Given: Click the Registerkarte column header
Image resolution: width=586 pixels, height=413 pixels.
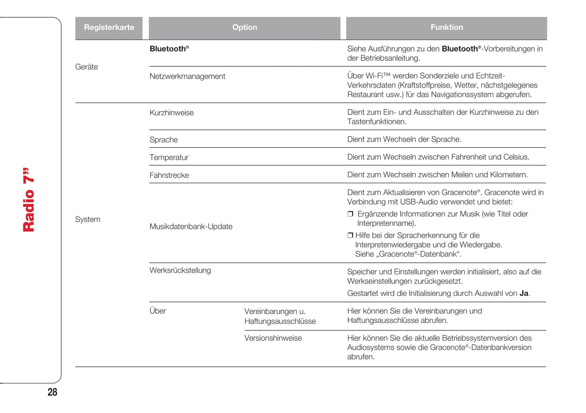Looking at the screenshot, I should tap(109, 28).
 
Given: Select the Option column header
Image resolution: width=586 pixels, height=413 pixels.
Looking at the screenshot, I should tap(245, 28).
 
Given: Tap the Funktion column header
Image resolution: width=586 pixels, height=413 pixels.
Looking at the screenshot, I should tap(446, 28).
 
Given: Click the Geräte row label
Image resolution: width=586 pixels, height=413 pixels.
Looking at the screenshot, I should tap(86, 67).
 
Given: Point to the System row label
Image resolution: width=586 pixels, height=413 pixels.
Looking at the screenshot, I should tap(88, 219).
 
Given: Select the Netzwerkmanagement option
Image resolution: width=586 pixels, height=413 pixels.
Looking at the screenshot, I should tap(187, 77).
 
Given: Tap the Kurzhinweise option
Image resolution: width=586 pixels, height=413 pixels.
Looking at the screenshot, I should tap(172, 113).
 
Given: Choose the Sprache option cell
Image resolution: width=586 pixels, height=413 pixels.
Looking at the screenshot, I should tap(163, 140).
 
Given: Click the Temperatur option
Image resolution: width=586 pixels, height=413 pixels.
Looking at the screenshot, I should tap(169, 158).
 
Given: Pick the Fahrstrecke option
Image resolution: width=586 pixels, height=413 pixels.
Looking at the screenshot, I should tap(169, 175).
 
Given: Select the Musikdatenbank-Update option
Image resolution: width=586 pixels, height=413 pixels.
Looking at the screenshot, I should tap(191, 227).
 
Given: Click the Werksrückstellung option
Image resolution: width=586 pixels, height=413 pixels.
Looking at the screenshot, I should tap(180, 270).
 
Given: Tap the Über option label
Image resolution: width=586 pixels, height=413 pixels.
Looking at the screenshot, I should tap(158, 311).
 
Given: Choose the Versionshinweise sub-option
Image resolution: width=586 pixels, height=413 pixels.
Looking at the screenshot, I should tap(273, 338).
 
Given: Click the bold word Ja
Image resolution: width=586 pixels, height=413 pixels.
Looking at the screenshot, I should tap(524, 293).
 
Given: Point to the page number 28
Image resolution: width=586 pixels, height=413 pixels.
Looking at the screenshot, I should tap(52, 392).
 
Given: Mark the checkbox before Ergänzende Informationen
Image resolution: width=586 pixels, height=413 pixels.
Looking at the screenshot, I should tap(350, 214).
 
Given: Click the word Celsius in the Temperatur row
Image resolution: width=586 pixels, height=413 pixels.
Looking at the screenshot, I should tap(515, 157).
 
